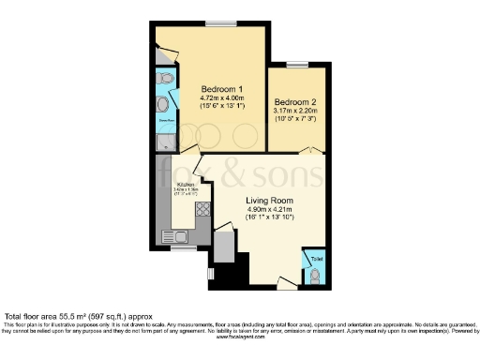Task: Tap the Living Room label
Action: (x=271, y=201)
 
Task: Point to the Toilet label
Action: (x=316, y=255)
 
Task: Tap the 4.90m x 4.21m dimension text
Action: (x=271, y=211)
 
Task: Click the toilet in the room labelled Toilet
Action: (x=316, y=275)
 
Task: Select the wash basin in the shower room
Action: (x=161, y=104)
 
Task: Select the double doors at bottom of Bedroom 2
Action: (x=297, y=150)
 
